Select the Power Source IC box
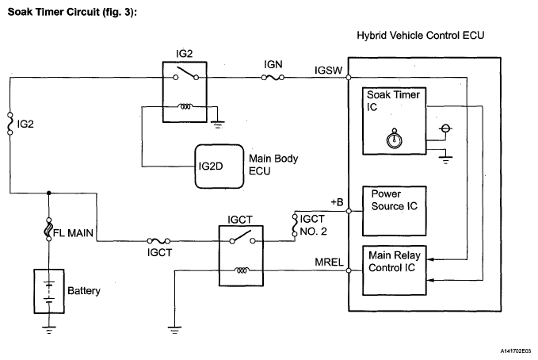394,206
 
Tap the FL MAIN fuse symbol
49,232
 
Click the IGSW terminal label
328,70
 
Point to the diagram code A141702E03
510,348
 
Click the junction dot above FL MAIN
49,192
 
